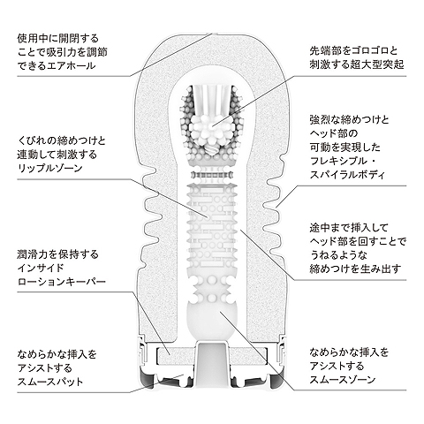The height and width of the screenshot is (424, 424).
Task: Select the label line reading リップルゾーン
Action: point(49,168)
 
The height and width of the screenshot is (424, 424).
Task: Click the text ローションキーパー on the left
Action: point(62,282)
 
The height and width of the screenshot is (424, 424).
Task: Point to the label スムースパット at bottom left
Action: point(50,382)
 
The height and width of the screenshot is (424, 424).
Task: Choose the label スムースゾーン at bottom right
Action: point(343,380)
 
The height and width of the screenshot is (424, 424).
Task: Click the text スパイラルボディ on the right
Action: point(347,175)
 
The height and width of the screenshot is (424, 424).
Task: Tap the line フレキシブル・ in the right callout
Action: point(343,161)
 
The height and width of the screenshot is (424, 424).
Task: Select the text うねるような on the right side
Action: point(338,255)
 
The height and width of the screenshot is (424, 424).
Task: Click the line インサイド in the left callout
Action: point(41,268)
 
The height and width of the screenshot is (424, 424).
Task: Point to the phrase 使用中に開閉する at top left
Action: point(57,38)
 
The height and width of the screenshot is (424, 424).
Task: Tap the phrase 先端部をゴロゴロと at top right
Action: point(353,50)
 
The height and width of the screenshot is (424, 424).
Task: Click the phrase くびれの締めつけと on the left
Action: point(62,140)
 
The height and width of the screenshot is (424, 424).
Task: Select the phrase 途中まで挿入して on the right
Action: point(349,228)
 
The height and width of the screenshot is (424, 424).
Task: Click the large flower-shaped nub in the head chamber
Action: point(212,126)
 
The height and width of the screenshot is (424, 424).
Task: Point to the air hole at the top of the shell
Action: point(212,34)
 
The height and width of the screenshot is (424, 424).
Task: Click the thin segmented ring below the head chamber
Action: point(212,175)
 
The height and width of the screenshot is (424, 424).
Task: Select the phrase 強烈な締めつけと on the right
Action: point(349,119)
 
